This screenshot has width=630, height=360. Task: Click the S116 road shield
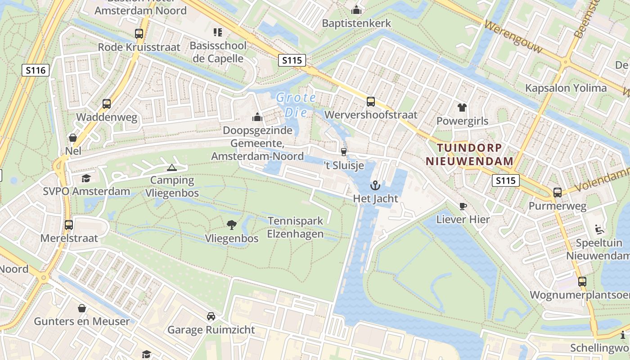[x=35, y=70]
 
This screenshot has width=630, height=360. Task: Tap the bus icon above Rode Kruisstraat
[x=139, y=34]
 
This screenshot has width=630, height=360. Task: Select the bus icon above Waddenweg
[x=107, y=104]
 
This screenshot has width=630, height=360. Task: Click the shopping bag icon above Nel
[x=73, y=138]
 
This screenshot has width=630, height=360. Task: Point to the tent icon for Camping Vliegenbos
[x=171, y=168]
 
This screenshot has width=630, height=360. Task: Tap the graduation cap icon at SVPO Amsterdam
[x=86, y=179]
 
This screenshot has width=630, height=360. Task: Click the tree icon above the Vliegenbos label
[x=232, y=225]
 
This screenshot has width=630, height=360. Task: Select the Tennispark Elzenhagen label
[x=295, y=227]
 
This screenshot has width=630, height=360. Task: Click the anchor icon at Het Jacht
[x=375, y=185]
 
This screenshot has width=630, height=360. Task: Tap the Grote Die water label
[x=296, y=104]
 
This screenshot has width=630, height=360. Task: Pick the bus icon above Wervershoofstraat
[x=371, y=102]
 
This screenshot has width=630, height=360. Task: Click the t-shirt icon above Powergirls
[x=462, y=108]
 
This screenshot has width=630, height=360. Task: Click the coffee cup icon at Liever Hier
[x=463, y=207]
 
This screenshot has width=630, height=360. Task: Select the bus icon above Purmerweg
[x=558, y=193]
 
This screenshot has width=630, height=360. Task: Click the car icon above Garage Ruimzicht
[x=211, y=316]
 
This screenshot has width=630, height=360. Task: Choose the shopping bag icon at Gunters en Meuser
[x=82, y=308]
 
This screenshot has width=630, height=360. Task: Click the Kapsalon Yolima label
[x=566, y=88]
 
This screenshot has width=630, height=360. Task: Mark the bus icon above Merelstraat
[x=69, y=225]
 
